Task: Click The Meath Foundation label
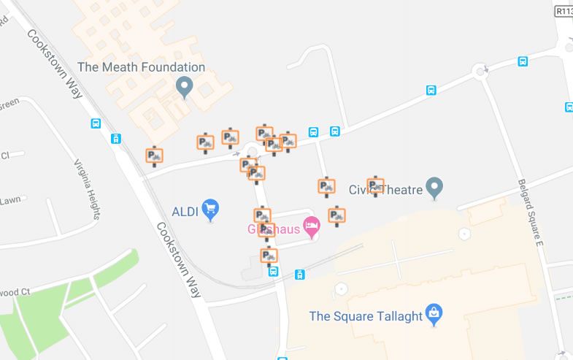pyautogui.click(x=141, y=67)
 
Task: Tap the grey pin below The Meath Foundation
pyautogui.click(x=184, y=89)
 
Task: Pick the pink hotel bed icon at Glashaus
pyautogui.click(x=312, y=228)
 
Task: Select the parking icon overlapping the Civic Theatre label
pyautogui.click(x=375, y=186)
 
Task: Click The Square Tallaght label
pyautogui.click(x=366, y=316)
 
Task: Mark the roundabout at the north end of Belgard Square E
pyautogui.click(x=481, y=72)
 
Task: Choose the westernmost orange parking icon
pyautogui.click(x=154, y=156)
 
